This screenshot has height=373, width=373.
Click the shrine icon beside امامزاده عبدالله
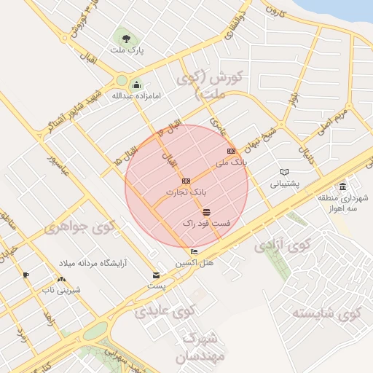(136, 85)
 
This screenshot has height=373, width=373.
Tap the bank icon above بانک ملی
(232, 151)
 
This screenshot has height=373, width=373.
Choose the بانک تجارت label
(186, 191)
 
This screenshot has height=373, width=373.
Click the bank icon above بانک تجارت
(186, 180)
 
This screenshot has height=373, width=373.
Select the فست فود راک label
(206, 224)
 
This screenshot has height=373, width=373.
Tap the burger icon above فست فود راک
(207, 212)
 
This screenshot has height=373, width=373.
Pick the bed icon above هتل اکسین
(193, 252)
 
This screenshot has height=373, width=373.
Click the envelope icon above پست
(157, 275)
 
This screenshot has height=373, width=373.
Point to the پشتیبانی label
(286, 184)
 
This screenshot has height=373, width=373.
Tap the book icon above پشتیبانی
(284, 173)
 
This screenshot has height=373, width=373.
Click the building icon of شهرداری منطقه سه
(342, 186)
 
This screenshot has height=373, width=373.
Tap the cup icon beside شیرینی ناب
(26, 275)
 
